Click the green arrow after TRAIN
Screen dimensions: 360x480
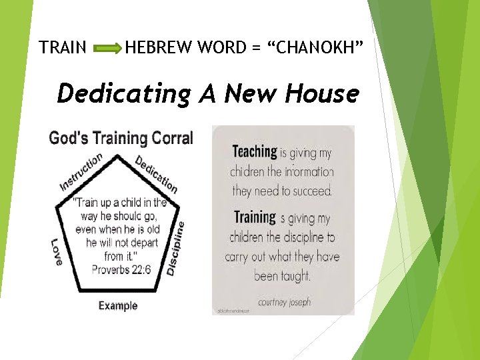tap(107, 48)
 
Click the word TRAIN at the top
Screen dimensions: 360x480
tap(63, 48)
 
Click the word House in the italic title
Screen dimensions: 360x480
tap(322, 93)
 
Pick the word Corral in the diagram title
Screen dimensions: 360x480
tap(172, 138)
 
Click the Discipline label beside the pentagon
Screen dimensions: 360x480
tap(175, 249)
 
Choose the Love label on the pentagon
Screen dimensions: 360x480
tap(57, 252)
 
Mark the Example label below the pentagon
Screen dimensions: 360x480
tap(118, 306)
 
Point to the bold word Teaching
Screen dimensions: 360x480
tap(255, 152)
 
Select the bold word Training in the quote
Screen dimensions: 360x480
tap(255, 217)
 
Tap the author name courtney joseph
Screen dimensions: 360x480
tap(283, 301)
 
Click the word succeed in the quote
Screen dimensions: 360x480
tap(311, 191)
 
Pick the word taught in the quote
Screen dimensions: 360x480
tap(295, 275)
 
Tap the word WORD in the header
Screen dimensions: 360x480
tap(215, 48)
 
